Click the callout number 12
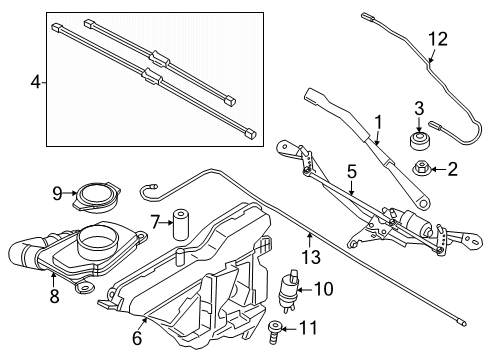tap(438, 39)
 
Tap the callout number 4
tap(36, 82)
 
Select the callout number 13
tap(311, 257)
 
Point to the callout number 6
tap(137, 338)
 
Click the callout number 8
tap(54, 296)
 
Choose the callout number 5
tap(352, 172)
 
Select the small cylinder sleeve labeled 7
tap(180, 224)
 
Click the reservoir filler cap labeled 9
tap(97, 198)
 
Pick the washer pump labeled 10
tap(289, 291)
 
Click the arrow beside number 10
tap(304, 290)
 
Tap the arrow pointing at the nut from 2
tap(439, 169)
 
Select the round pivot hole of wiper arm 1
tap(423, 203)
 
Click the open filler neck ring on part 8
tap(98, 239)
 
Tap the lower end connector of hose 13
tap(462, 322)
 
